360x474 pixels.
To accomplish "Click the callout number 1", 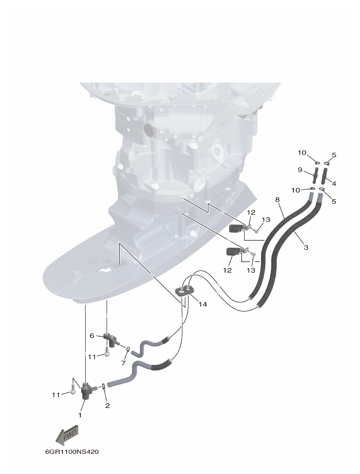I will (80, 415).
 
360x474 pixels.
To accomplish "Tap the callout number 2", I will (107, 406).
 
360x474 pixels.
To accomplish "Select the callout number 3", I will (306, 247).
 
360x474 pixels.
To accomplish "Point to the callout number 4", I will (334, 184).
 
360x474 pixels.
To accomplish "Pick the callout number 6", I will (92, 335).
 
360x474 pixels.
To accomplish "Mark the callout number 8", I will (277, 200).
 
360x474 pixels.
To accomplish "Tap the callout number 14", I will (202, 304).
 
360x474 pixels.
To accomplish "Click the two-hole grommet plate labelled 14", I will (185, 290).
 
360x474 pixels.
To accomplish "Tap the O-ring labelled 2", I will (104, 386).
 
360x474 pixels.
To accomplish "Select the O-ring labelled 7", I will (128, 349).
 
